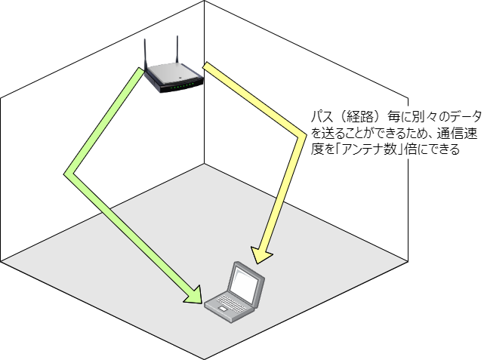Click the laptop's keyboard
(227, 301)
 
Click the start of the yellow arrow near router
(208, 67)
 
